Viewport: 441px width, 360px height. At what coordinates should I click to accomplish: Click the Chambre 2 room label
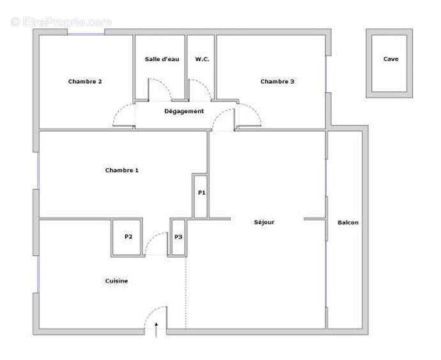(85, 81)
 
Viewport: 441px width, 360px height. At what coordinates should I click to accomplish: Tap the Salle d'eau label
(162, 59)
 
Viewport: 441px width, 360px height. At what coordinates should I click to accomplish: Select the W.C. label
(202, 59)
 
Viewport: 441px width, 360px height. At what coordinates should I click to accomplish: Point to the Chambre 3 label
(277, 81)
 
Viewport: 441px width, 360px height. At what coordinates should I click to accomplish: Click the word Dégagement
(184, 111)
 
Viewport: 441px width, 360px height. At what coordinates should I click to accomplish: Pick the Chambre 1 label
(121, 170)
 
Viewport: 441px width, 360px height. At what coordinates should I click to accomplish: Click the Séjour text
(264, 222)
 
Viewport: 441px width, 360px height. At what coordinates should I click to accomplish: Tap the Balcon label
(348, 223)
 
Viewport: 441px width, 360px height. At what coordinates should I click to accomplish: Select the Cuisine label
(116, 281)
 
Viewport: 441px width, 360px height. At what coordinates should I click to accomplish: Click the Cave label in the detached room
(391, 59)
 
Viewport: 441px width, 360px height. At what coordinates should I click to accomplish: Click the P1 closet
(201, 192)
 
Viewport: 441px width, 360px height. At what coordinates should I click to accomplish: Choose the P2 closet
(128, 237)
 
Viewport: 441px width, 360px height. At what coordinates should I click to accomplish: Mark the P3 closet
(178, 237)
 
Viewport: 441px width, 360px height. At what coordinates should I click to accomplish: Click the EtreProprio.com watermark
(61, 22)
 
